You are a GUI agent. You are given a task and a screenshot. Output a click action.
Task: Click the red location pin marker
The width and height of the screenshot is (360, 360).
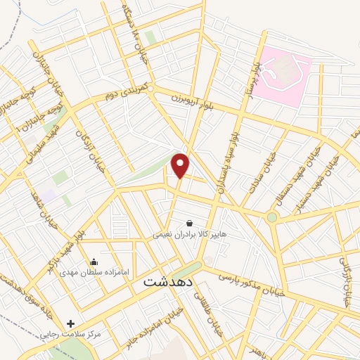181,165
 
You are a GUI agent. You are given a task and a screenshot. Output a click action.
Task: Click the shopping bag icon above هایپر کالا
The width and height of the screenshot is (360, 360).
189,223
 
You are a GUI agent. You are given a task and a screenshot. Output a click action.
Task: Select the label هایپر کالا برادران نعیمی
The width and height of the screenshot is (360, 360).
190,235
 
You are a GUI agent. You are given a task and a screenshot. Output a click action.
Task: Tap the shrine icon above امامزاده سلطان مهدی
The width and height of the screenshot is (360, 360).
94,262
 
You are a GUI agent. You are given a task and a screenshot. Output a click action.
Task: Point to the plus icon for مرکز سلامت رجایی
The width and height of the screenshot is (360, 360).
70,323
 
